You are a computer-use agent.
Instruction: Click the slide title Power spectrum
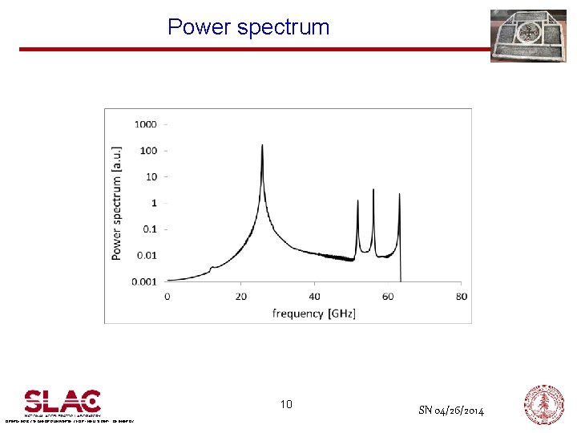248,27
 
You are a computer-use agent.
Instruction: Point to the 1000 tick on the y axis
145,124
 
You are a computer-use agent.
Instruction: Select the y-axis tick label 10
151,176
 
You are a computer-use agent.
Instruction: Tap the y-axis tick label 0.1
150,229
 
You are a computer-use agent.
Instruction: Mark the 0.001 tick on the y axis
145,281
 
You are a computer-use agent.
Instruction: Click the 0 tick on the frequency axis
167,297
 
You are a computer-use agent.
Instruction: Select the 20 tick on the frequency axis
240,297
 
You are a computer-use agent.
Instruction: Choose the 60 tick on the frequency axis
388,297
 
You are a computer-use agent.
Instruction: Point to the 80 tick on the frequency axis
462,297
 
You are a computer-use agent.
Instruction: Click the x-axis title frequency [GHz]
313,313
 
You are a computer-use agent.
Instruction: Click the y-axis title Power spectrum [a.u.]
117,202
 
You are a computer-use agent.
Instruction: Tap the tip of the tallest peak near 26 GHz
262,145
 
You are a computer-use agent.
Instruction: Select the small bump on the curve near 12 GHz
212,267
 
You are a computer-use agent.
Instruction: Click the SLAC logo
63,401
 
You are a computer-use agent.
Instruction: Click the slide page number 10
286,404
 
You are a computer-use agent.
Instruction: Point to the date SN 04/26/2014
451,411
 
